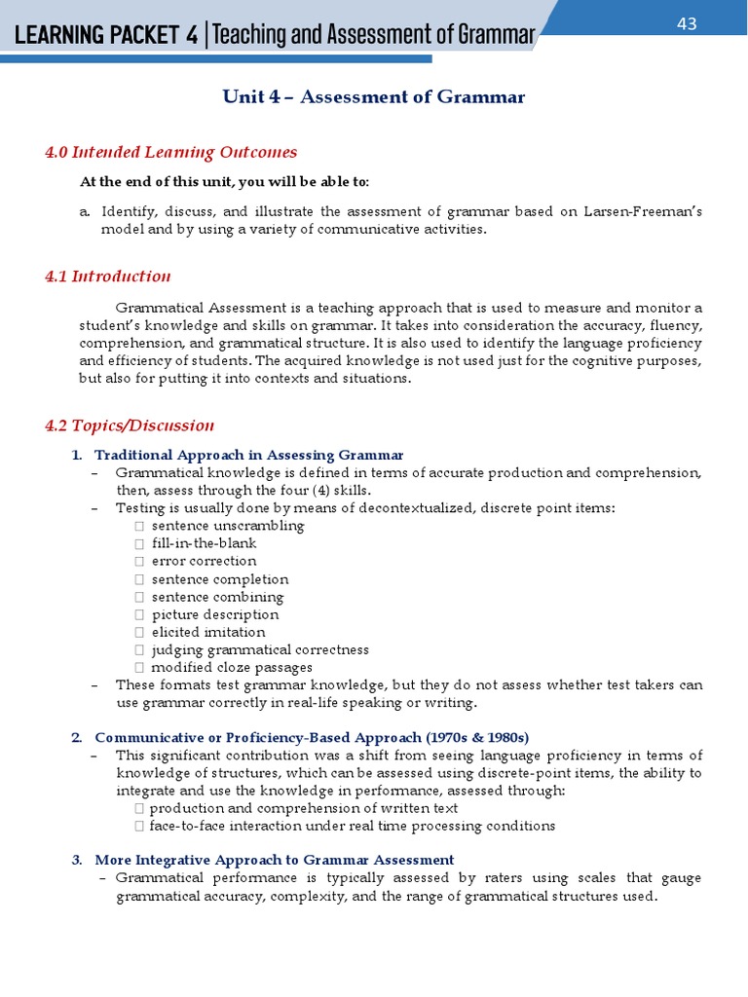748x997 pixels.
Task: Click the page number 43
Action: (687, 24)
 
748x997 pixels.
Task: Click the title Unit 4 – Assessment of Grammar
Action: (374, 96)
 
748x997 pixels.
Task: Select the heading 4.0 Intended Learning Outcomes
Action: (170, 152)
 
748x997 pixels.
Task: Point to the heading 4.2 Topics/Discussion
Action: (130, 425)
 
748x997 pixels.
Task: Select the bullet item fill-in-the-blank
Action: (204, 543)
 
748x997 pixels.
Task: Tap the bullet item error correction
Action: (204, 561)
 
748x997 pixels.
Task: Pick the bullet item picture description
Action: (215, 614)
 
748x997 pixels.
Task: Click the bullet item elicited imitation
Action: (208, 632)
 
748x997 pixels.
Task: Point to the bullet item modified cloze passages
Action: (232, 668)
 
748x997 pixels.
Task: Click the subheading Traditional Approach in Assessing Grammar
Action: (248, 455)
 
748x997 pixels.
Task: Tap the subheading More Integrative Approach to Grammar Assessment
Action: (274, 860)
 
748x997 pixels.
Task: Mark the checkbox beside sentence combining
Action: (139, 597)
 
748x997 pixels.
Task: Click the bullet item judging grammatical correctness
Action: (260, 649)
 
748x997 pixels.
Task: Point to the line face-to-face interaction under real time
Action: (352, 826)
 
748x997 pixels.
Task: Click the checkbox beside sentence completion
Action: (139, 579)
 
